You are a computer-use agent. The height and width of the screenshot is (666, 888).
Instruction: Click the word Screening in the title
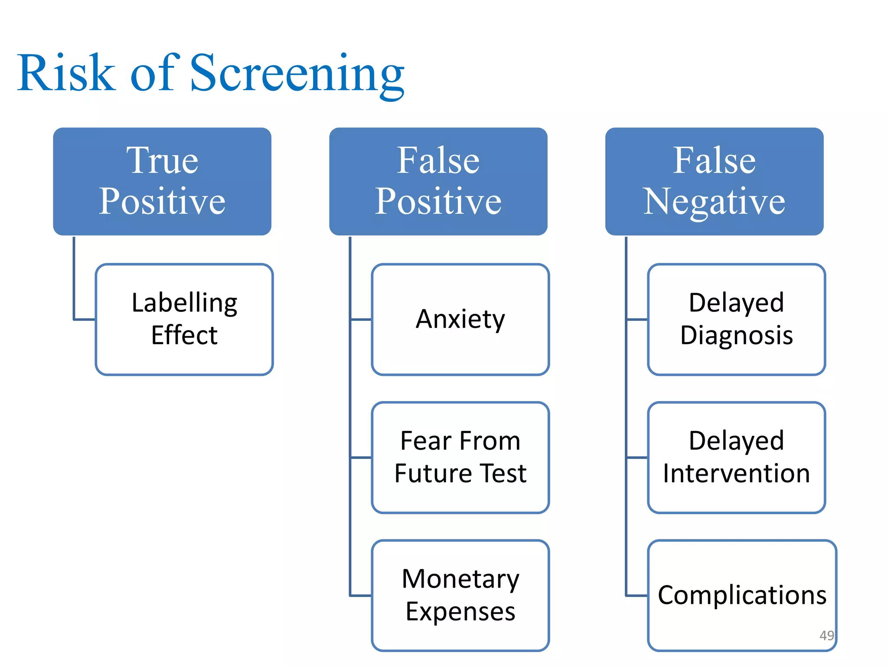(297, 73)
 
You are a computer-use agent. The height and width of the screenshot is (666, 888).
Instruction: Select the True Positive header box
(162, 181)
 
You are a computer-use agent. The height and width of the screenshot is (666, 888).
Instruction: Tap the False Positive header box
(438, 181)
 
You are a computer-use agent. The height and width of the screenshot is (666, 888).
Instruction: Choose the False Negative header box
(714, 181)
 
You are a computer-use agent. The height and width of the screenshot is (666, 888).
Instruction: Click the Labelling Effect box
(184, 319)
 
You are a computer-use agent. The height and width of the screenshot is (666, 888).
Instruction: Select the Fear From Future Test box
(460, 457)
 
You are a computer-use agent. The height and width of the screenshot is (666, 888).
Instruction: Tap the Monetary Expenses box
(460, 595)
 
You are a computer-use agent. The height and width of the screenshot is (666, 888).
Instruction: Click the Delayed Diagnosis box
(736, 319)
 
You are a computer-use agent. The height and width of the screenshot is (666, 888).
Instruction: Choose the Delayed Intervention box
(736, 457)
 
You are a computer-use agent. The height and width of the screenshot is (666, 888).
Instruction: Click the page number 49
(826, 635)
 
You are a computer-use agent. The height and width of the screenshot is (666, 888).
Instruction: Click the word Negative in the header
(714, 202)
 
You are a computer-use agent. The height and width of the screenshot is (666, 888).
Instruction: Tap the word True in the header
(162, 160)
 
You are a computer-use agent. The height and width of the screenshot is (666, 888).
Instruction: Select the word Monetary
(460, 579)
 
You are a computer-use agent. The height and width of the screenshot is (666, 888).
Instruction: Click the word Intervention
(736, 473)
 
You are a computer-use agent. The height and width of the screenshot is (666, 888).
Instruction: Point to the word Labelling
(184, 303)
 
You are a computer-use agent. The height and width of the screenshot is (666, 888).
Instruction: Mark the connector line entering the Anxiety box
(361, 320)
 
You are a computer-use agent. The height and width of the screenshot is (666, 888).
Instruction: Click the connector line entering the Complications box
(637, 596)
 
